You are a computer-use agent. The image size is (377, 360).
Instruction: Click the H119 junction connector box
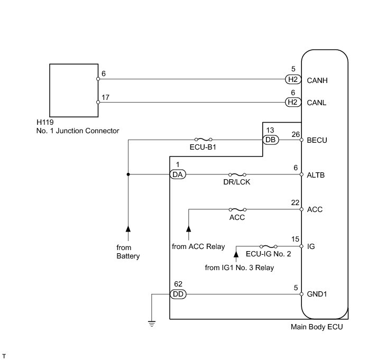(x=73, y=91)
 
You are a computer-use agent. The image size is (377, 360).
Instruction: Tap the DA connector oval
(x=177, y=174)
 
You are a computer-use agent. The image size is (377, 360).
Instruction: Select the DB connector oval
(x=270, y=140)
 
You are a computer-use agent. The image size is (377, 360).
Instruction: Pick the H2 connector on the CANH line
(x=292, y=80)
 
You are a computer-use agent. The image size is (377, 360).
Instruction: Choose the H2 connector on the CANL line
(x=292, y=102)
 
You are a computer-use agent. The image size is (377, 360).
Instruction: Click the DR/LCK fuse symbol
(x=237, y=174)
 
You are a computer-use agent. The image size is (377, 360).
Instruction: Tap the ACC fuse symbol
(x=237, y=209)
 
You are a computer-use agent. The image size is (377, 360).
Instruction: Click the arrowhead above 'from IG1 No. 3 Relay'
(x=236, y=255)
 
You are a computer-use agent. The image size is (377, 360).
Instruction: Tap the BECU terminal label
(x=318, y=140)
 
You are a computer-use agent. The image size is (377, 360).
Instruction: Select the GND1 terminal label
(x=318, y=294)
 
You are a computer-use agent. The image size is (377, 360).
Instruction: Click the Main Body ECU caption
(x=317, y=327)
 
